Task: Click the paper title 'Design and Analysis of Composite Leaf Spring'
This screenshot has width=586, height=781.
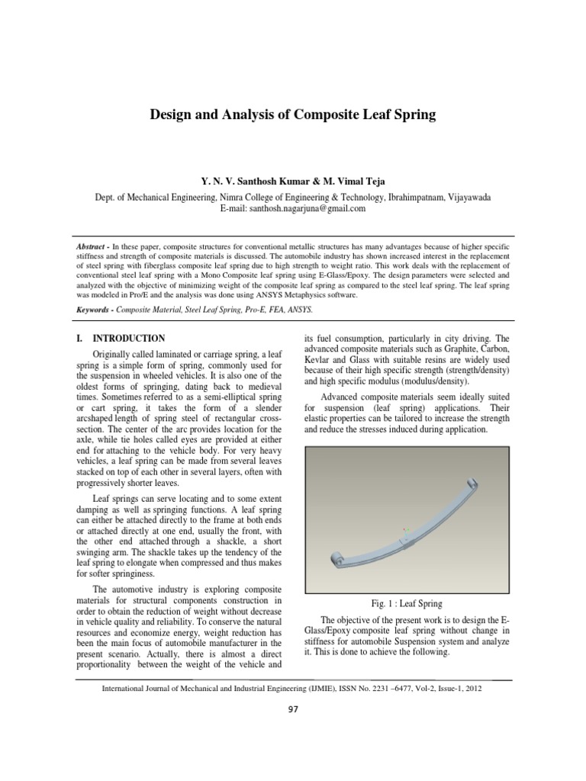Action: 292,116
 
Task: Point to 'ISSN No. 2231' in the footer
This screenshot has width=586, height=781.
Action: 362,688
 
